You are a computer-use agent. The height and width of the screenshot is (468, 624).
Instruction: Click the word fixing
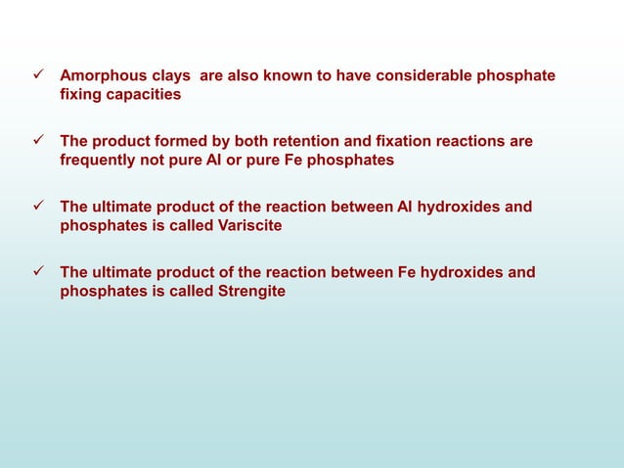[x=80, y=95]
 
